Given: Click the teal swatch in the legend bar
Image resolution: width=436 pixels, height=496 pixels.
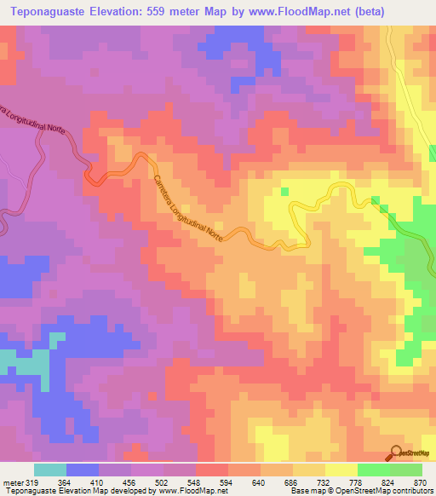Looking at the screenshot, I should point(49,470).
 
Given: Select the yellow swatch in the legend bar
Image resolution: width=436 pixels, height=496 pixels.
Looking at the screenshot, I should point(341,470).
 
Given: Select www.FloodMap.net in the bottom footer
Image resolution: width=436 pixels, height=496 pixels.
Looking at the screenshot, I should point(184,491).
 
